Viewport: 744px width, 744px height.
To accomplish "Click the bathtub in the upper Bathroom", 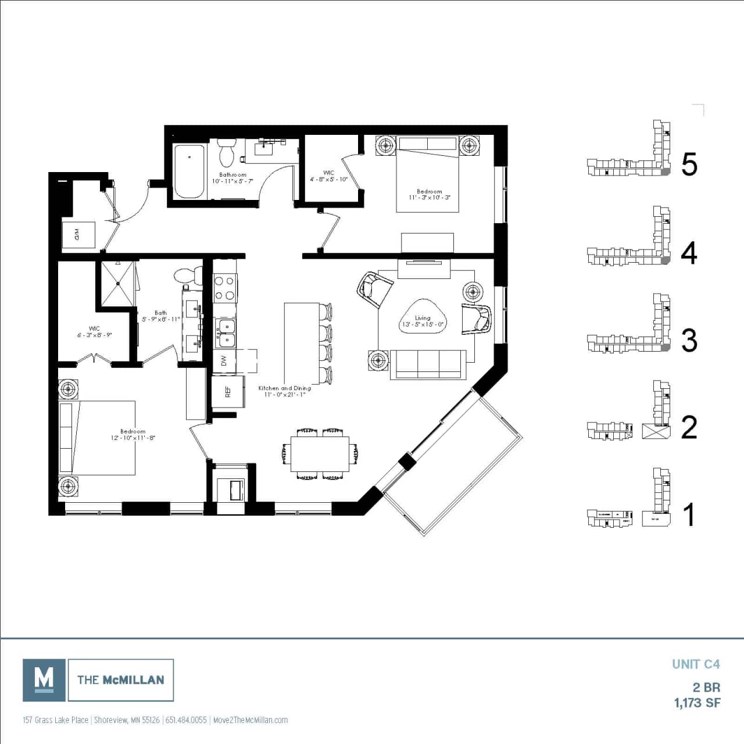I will [189, 171].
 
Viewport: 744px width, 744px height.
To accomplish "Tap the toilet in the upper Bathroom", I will [225, 153].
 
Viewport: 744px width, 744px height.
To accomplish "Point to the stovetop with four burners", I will [226, 288].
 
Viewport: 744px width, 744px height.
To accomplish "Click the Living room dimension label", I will [423, 321].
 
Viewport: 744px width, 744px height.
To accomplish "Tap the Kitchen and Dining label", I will [284, 391].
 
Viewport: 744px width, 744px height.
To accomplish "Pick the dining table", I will [320, 454].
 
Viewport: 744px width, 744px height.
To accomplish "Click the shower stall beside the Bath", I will [118, 283].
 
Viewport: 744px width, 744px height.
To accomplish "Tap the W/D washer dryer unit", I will [78, 235].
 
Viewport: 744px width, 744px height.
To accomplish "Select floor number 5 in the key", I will [689, 165].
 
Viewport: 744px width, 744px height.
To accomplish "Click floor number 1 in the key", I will [689, 515].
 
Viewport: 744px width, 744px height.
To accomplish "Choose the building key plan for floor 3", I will [630, 331].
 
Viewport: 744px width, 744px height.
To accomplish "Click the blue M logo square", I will [44, 679].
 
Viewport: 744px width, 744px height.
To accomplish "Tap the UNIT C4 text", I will [696, 664].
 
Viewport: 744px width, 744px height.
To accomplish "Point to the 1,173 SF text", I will [697, 703].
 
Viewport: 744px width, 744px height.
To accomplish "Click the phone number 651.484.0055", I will [186, 720].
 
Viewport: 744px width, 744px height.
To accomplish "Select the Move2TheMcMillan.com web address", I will [251, 720].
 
